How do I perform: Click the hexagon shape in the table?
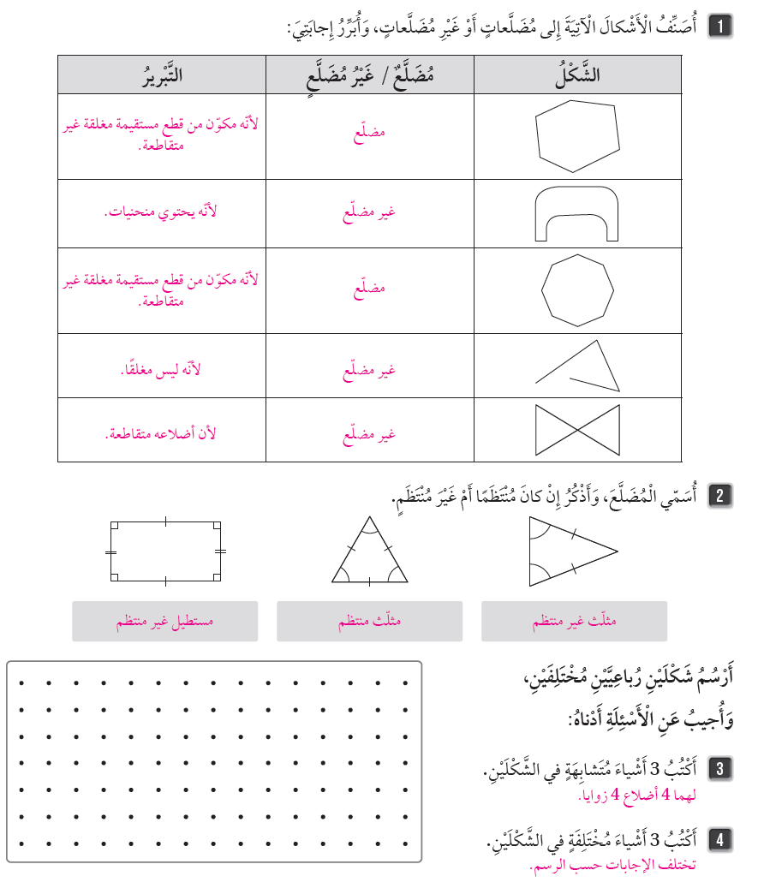576,135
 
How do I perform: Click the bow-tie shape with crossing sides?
576,430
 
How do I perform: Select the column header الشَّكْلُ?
577,74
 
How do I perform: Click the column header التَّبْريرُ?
162,74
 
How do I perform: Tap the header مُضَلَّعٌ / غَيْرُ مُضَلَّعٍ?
369,74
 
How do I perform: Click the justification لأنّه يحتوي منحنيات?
161,212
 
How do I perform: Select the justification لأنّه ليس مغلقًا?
161,369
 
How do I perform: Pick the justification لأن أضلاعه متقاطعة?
161,433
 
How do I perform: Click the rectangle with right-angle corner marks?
165,551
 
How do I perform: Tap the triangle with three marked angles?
369,553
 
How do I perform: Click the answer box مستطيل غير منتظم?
165,622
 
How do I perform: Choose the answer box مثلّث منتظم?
369,622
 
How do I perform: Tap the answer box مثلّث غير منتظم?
574,622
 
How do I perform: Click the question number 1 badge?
720,27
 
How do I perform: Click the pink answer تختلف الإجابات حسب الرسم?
614,866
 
